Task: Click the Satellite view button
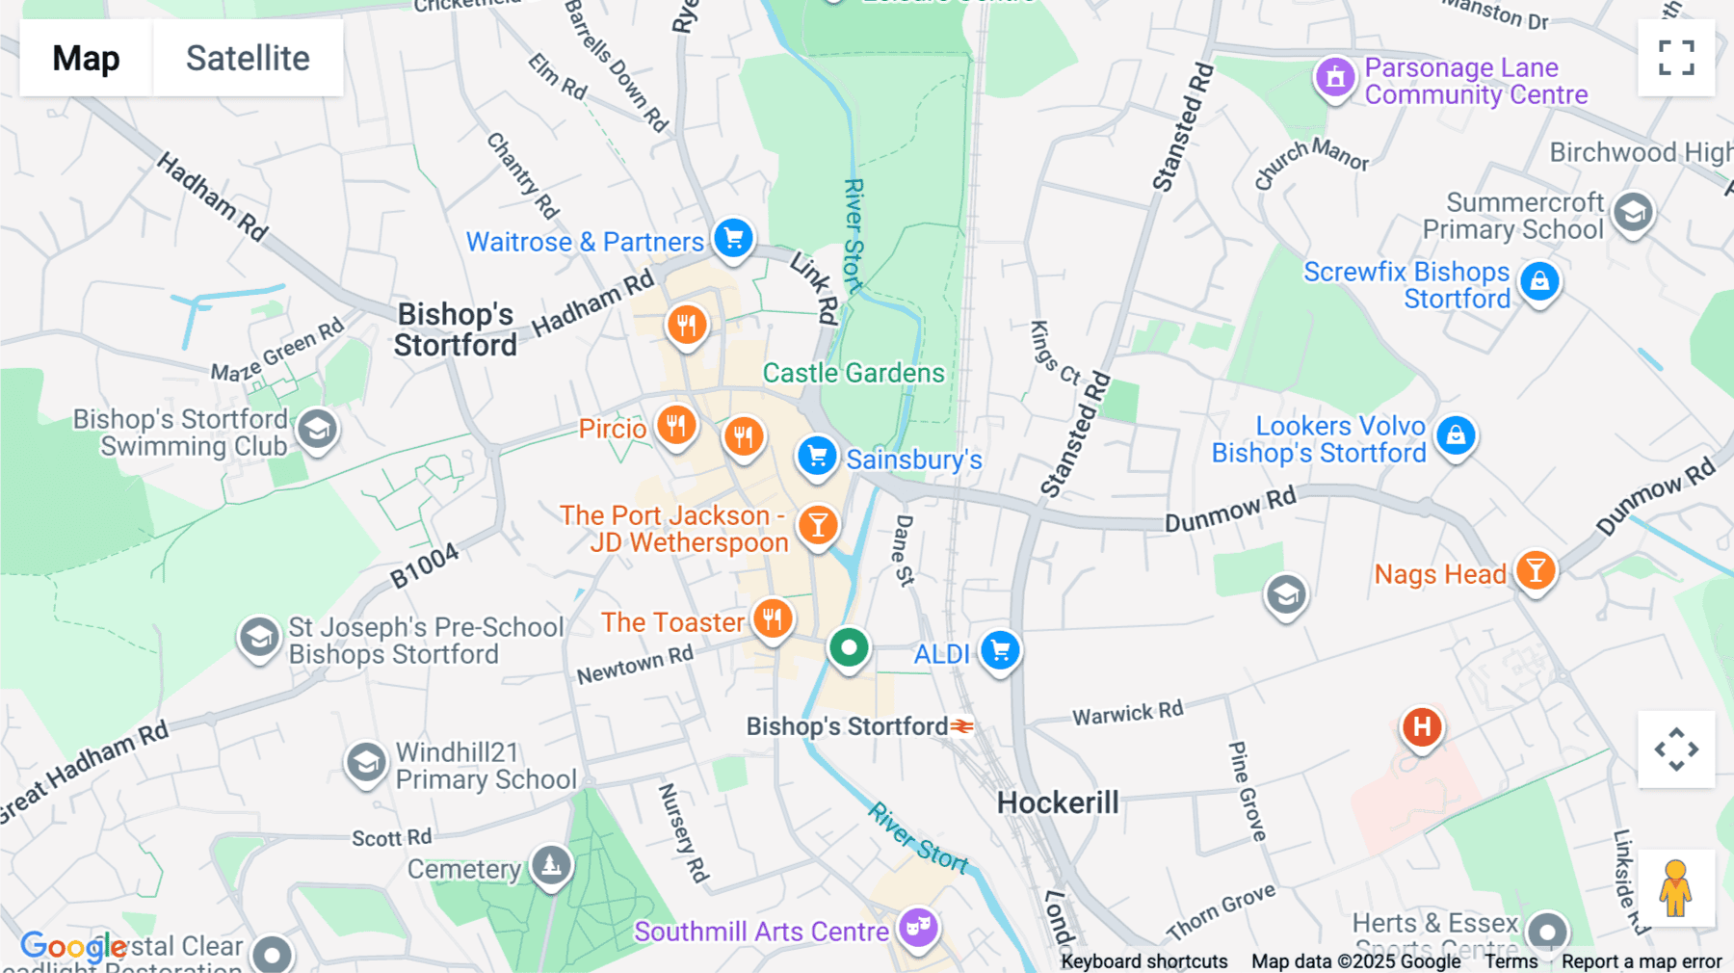point(248,58)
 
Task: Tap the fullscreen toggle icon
point(1676,58)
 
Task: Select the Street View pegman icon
point(1675,887)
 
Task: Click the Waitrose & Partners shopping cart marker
point(733,237)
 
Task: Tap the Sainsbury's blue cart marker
point(817,456)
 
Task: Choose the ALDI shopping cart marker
point(1000,650)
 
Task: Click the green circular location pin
point(849,648)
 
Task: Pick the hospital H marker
point(1422,726)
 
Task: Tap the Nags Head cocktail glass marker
point(1536,570)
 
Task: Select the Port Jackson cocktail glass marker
point(818,525)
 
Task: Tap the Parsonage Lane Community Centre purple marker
point(1335,77)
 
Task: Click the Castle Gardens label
point(854,374)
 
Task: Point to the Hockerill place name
point(1058,802)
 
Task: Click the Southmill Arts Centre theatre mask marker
point(918,928)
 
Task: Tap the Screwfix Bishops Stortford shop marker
point(1539,281)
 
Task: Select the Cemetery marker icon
point(551,865)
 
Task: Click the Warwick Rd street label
point(1127,714)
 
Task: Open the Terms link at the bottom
point(1511,961)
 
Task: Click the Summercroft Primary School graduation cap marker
point(1633,213)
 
